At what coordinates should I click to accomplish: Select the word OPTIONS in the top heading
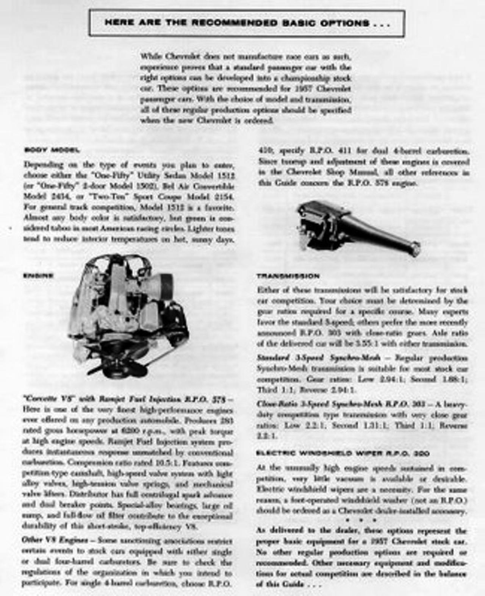pos(344,23)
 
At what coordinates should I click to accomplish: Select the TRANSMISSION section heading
pos(288,276)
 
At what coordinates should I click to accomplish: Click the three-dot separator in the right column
pos(361,520)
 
